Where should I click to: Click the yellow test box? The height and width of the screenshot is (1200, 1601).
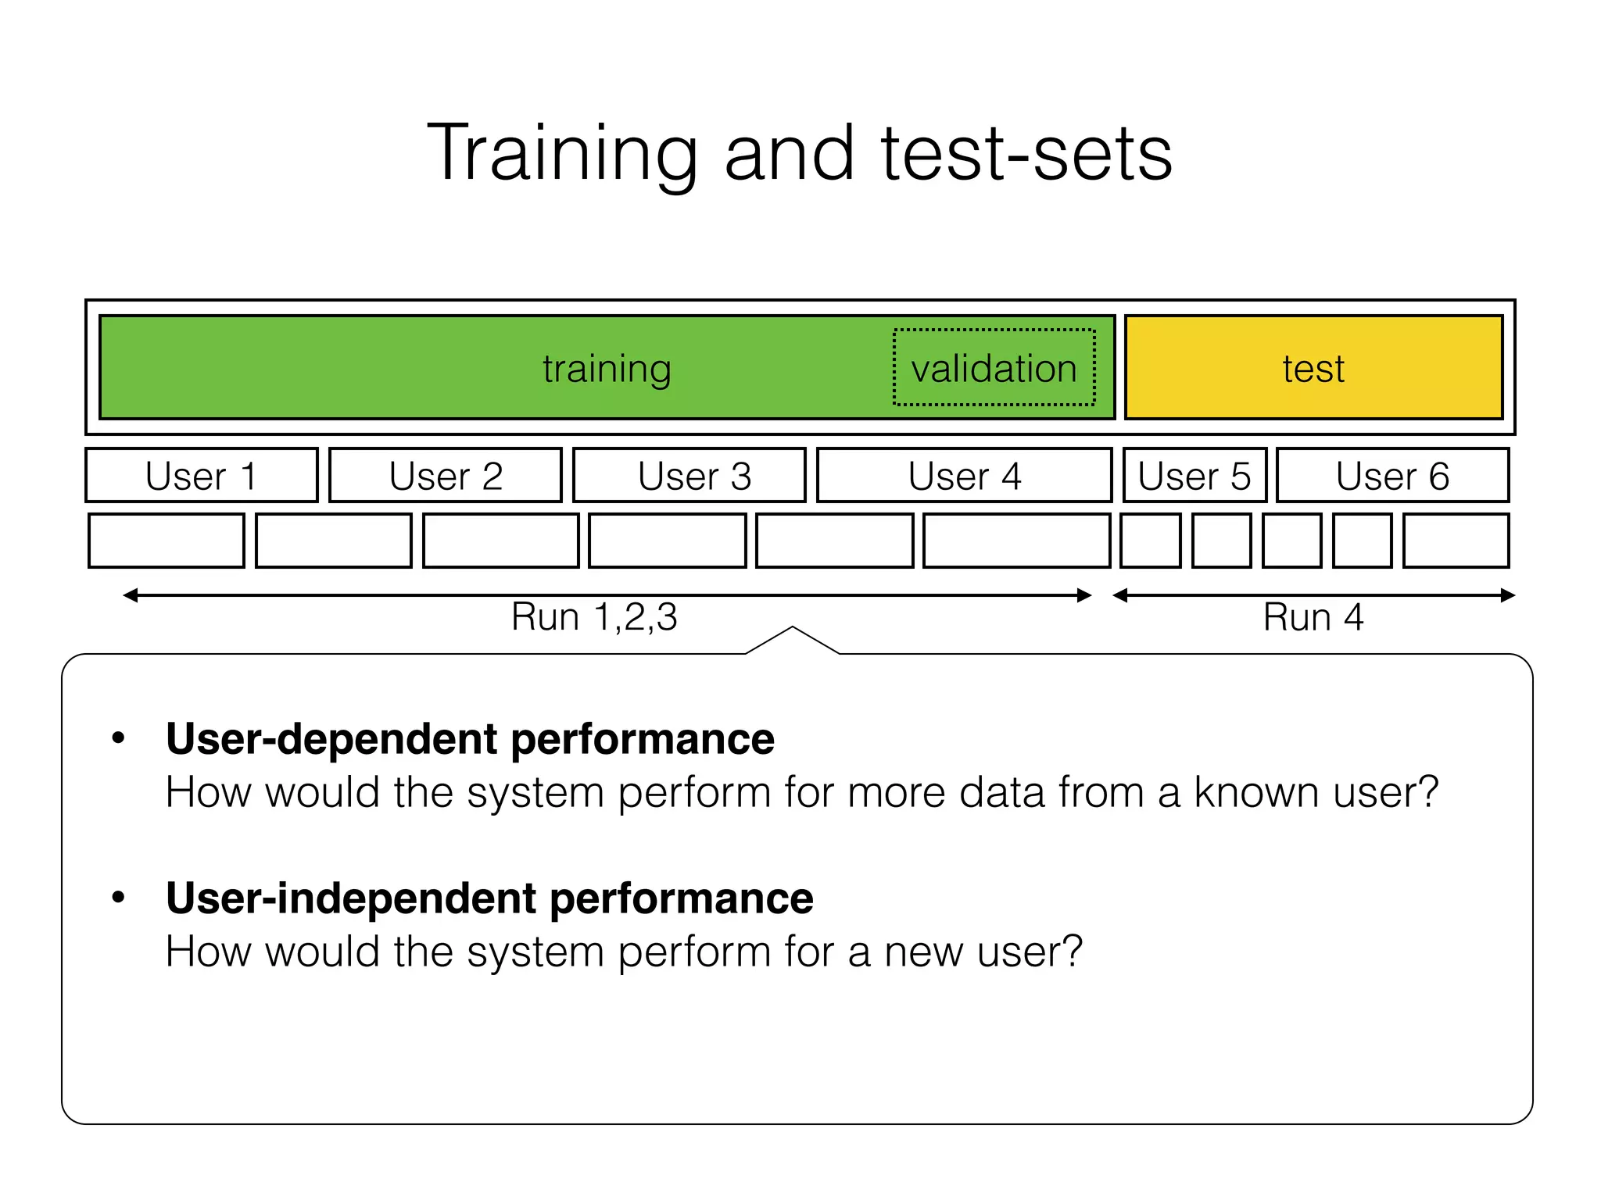(x=1313, y=367)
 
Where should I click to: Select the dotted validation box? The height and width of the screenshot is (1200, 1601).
(x=994, y=367)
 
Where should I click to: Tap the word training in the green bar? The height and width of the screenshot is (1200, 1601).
(x=607, y=369)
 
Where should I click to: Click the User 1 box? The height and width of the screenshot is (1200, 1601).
(x=202, y=475)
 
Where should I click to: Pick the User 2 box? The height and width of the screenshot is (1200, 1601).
(x=446, y=475)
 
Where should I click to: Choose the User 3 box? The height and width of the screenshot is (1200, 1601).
(x=689, y=475)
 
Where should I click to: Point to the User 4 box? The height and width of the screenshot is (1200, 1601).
(x=964, y=475)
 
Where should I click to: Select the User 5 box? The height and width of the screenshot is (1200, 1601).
(x=1194, y=475)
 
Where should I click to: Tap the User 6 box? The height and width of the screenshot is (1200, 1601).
(x=1392, y=475)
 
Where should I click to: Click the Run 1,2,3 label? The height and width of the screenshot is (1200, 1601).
(x=594, y=617)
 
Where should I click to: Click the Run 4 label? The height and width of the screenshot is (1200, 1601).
(x=1313, y=617)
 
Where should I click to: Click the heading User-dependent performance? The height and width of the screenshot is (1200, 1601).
(x=470, y=739)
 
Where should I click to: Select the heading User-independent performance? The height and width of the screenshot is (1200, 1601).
(x=489, y=898)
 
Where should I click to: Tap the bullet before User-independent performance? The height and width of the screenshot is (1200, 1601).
(x=118, y=897)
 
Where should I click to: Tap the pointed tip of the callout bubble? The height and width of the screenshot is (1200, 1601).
(x=792, y=627)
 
